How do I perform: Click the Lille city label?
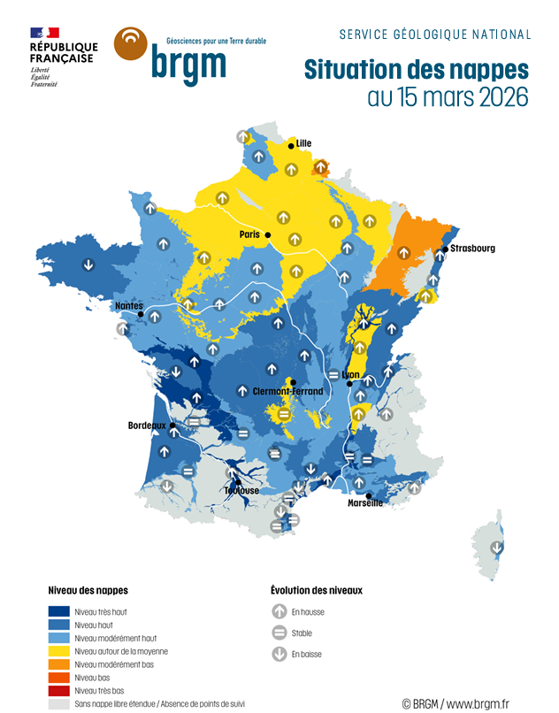click(x=304, y=143)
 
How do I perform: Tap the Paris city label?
click(x=249, y=234)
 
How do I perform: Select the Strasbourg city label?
click(x=472, y=249)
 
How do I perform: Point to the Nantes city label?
click(x=128, y=306)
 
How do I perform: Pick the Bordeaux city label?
click(x=147, y=425)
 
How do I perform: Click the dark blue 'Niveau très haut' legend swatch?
click(x=59, y=611)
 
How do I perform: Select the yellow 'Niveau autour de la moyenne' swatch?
click(x=59, y=651)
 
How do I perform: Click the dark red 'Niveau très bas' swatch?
click(x=59, y=691)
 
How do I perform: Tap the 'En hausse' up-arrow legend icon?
click(x=279, y=611)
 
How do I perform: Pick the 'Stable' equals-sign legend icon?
click(x=279, y=633)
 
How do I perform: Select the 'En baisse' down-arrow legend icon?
click(x=279, y=655)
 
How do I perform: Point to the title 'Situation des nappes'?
click(x=416, y=70)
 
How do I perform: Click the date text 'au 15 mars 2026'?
click(x=448, y=97)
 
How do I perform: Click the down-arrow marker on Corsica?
click(x=497, y=547)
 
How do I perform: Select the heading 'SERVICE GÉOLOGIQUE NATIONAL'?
click(x=435, y=34)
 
